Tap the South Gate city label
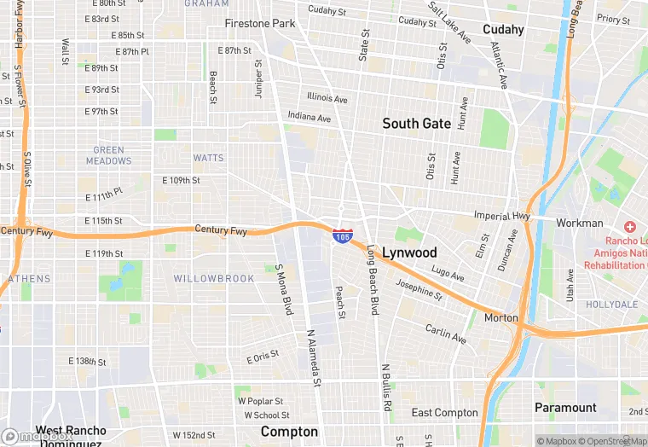[x=416, y=124]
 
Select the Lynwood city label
[x=409, y=253]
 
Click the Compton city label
[x=289, y=432]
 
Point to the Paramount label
[x=565, y=408]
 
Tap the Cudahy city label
[x=503, y=30]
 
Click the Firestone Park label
[x=260, y=24]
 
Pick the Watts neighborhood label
[x=208, y=158]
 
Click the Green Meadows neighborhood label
[x=109, y=155]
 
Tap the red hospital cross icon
[x=630, y=227]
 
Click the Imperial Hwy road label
[x=503, y=217]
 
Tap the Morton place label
[x=500, y=317]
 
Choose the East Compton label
[x=444, y=413]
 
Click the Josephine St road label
[x=419, y=290]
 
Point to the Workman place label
[x=580, y=223]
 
